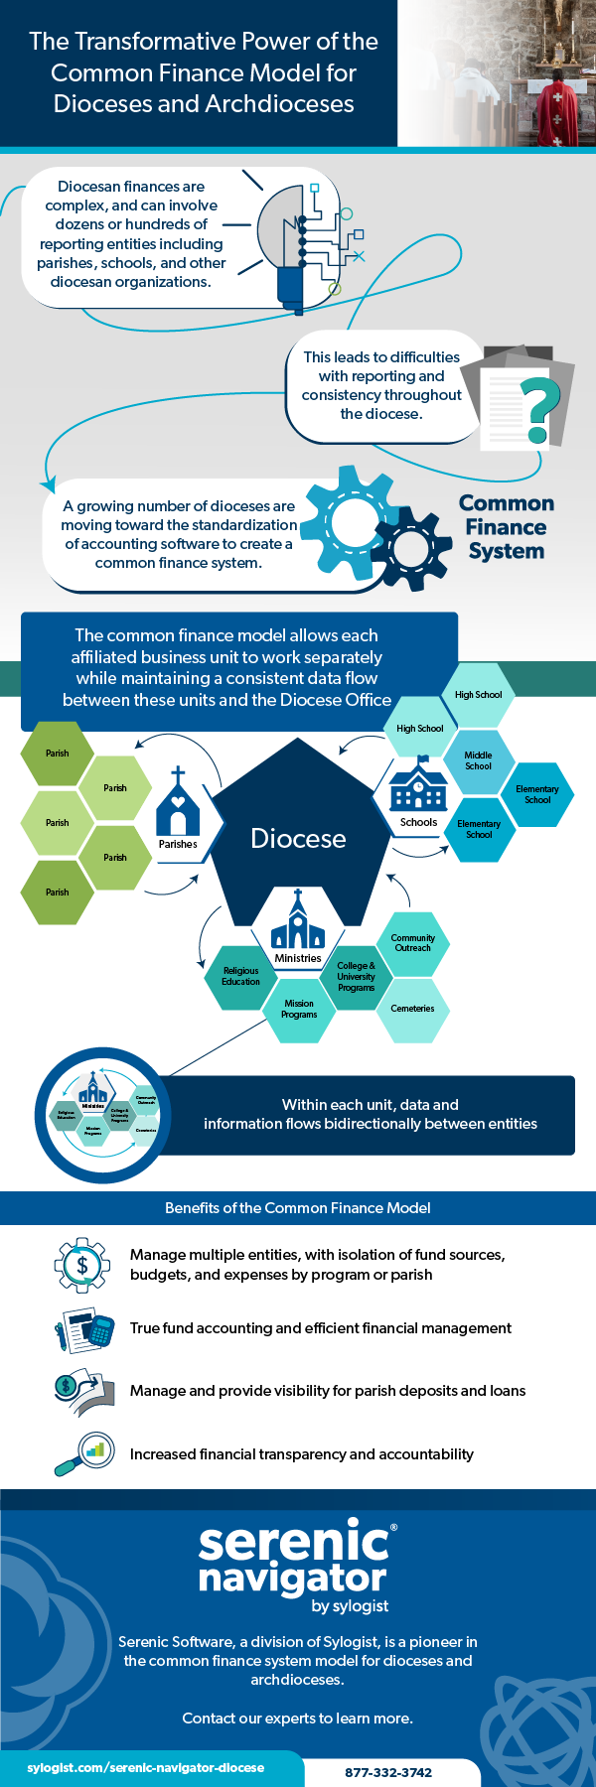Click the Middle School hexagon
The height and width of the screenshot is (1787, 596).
(478, 761)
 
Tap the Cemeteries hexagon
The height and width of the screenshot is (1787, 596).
(412, 1009)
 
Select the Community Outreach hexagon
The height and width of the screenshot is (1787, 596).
(412, 942)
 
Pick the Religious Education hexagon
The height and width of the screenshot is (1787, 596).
(240, 976)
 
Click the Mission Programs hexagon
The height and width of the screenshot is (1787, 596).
(299, 1009)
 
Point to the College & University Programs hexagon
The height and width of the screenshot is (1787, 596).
(356, 976)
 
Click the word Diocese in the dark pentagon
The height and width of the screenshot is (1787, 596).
(298, 839)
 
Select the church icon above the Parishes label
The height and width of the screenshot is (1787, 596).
(178, 801)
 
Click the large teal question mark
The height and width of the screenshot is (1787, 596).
(537, 408)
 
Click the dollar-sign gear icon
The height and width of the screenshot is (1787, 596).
(81, 1265)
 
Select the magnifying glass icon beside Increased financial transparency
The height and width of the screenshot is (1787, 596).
(83, 1454)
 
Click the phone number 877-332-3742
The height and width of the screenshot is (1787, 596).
(388, 1772)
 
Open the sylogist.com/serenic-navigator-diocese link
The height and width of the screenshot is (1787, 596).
(146, 1768)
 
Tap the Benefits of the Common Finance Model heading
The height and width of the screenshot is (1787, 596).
(298, 1208)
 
